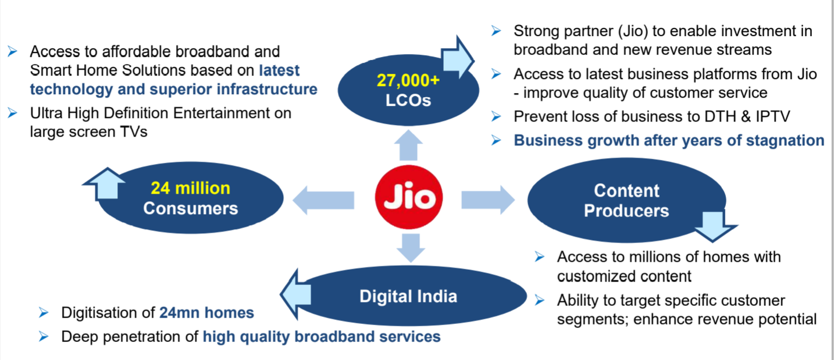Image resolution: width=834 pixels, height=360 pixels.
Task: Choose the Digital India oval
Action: pos(408,296)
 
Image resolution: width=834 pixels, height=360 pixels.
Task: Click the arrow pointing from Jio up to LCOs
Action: pos(408,146)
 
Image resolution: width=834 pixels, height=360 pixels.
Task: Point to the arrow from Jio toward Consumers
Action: pos(323,201)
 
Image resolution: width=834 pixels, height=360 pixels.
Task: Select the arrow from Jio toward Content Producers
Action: pos(487,199)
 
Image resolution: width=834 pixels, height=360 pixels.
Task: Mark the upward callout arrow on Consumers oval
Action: pos(105,184)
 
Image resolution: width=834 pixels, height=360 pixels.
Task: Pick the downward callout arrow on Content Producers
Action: pos(715,226)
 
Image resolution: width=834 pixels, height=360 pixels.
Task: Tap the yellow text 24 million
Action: pos(190,188)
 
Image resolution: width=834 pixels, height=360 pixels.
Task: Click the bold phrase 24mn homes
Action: pos(206,313)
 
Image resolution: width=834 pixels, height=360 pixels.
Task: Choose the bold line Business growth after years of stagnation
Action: pos(669,141)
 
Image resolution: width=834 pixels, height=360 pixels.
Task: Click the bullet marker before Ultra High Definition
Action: pos(12,113)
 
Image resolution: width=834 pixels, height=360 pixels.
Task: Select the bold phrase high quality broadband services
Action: pos(321,337)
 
